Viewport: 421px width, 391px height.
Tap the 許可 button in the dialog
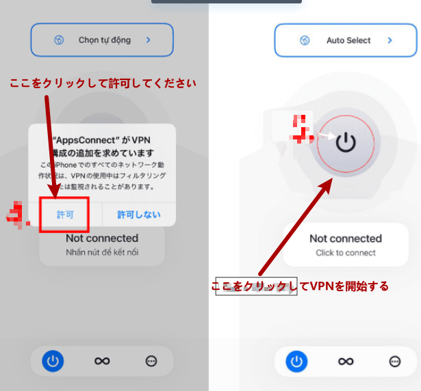65,214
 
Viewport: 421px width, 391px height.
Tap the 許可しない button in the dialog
139,214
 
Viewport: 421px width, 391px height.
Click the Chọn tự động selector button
102,40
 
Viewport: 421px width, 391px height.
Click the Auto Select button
346,40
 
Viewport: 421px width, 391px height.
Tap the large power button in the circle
346,142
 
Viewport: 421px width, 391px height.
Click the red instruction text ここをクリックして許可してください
103,83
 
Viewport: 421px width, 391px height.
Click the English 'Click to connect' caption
346,253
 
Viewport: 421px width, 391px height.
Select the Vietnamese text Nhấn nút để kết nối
102,252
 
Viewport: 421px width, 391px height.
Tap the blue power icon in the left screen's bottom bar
53,361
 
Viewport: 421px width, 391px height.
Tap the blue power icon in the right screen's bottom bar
296,361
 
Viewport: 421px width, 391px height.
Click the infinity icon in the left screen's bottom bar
103,361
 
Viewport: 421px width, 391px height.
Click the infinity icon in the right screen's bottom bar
346,361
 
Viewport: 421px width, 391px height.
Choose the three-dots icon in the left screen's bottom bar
151,361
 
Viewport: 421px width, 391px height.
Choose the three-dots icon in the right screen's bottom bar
395,361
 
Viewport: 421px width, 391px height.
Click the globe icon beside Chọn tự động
59,40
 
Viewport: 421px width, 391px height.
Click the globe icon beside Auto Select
305,40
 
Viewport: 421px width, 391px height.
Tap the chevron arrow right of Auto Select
390,40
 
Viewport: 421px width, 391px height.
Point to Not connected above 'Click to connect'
346,239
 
